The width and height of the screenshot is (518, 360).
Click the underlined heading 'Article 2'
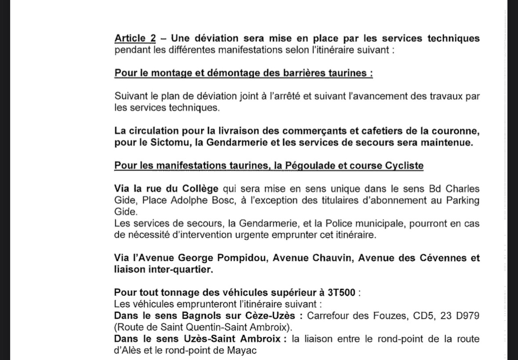[x=135, y=38]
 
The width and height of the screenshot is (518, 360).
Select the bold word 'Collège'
[x=201, y=189]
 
